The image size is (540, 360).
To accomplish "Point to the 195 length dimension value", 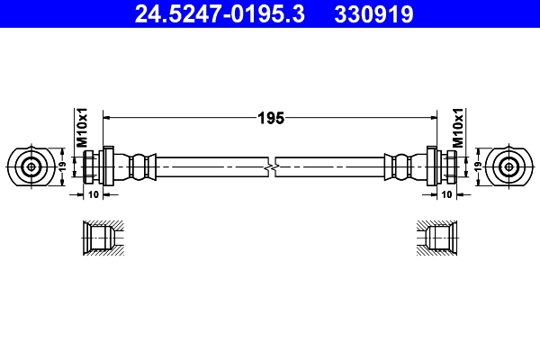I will tap(271, 117).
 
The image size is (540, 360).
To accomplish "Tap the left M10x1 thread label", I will tap(80, 128).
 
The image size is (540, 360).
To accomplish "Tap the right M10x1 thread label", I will tap(458, 128).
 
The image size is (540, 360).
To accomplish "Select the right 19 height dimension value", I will tap(476, 166).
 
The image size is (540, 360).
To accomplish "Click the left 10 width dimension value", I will tap(94, 193).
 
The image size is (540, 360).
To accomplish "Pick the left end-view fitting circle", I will tap(31, 166).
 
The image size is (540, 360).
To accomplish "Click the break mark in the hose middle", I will tap(271, 166).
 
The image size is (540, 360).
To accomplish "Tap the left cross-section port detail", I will tap(98, 238).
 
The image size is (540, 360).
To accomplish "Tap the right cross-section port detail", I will tap(439, 238).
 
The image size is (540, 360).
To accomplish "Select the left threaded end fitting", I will tap(94, 166).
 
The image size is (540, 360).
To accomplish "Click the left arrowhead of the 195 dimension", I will tap(109, 117).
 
